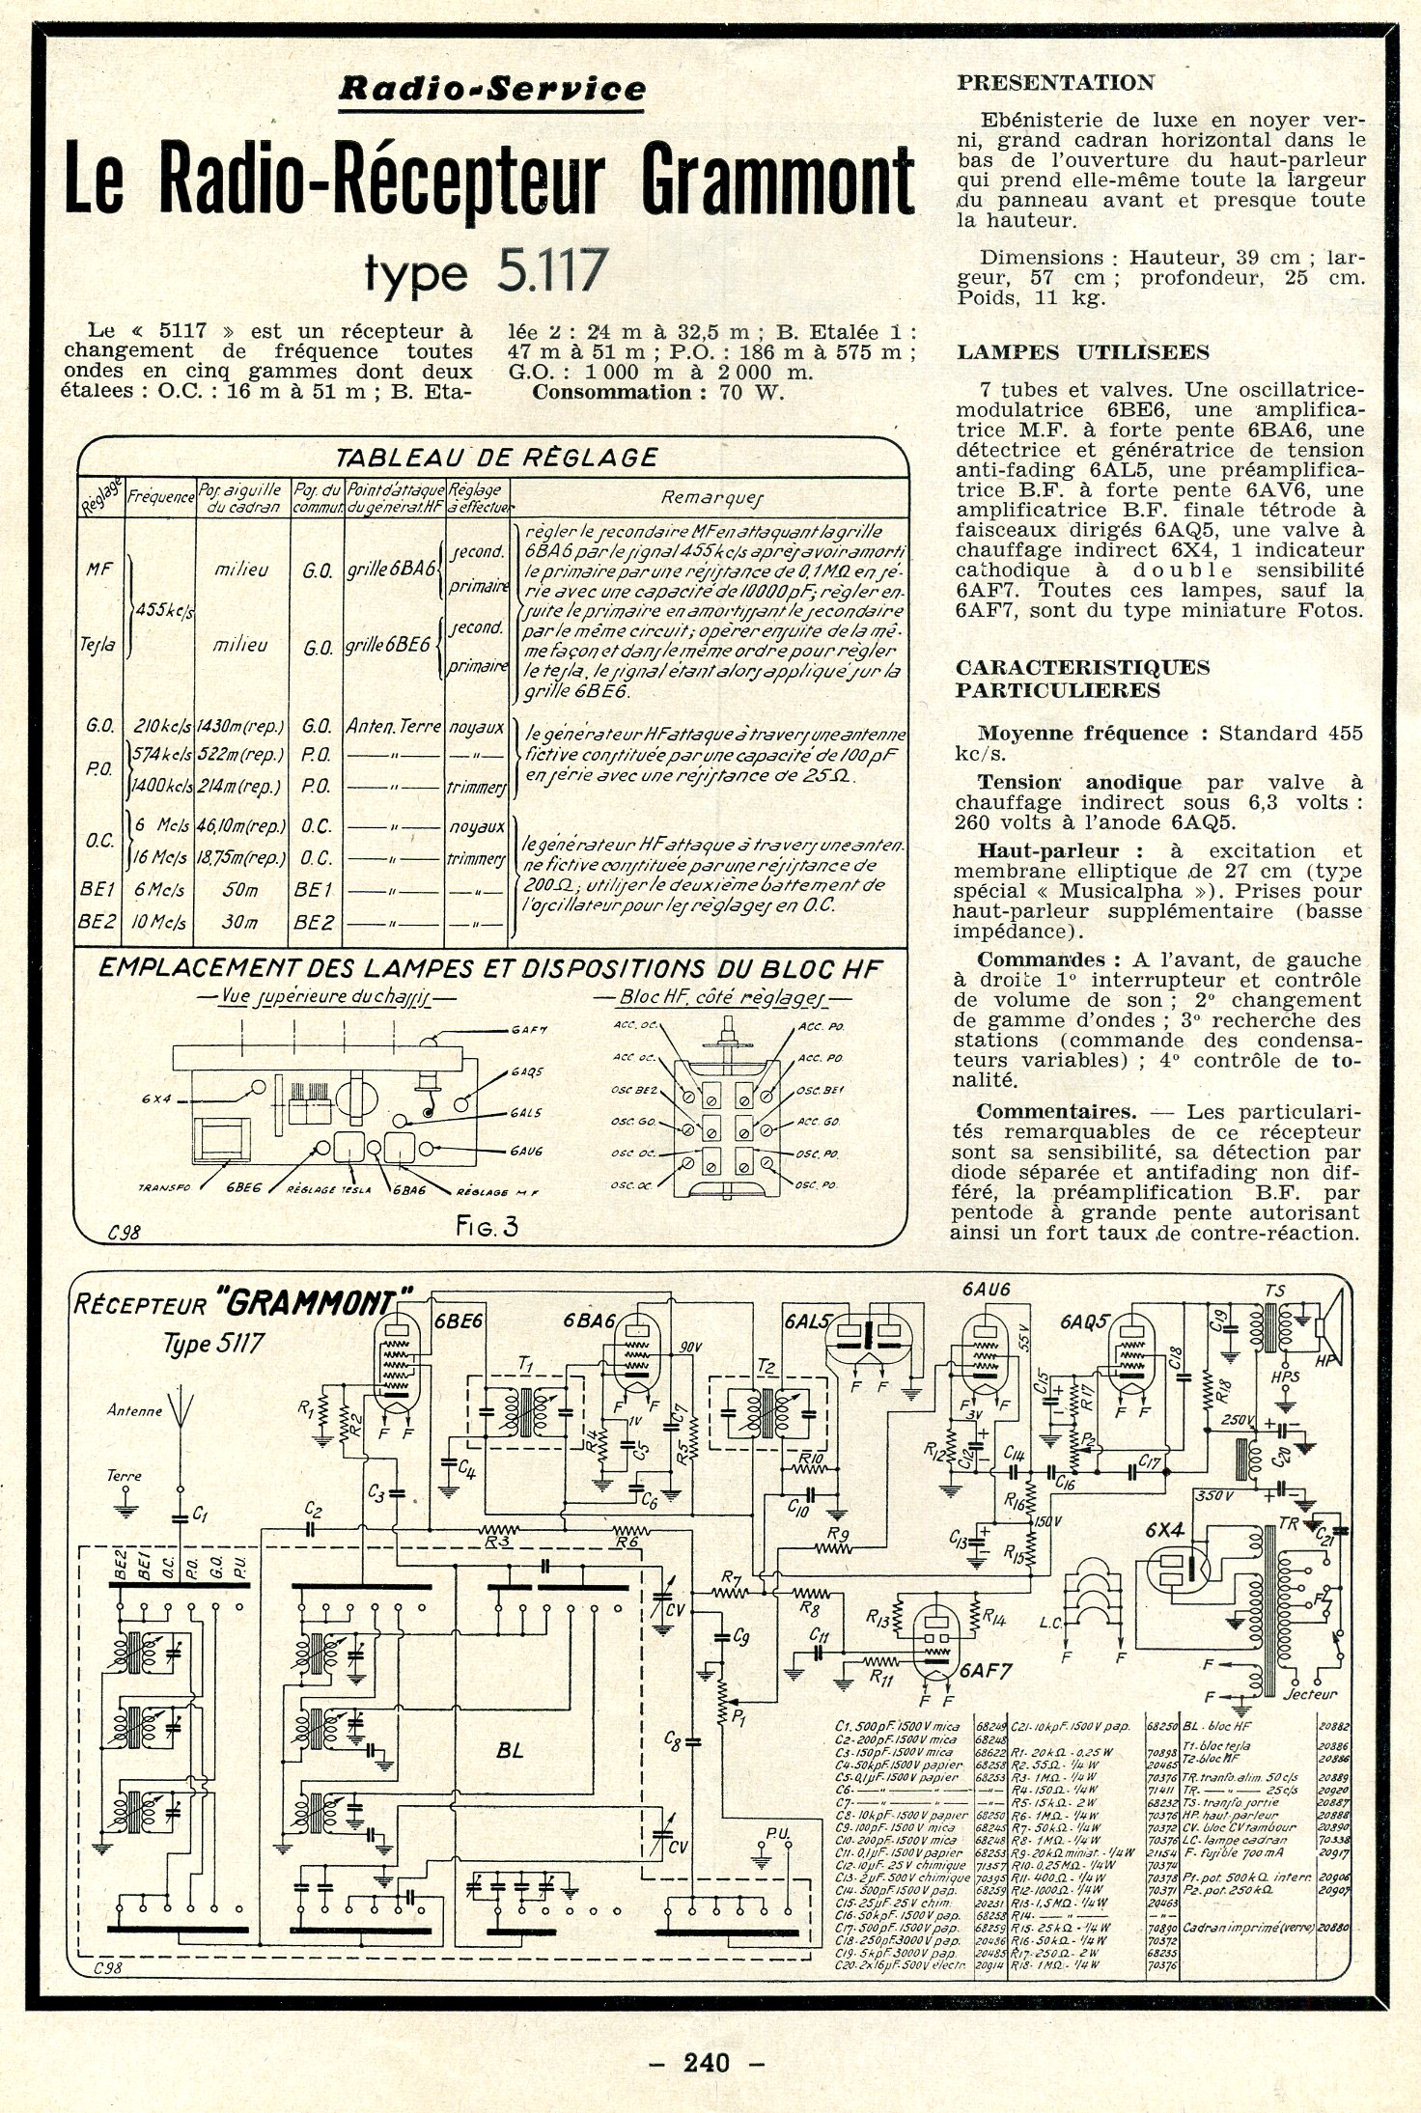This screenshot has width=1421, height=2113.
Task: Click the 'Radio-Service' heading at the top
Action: (x=491, y=90)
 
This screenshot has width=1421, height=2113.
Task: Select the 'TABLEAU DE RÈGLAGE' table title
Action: (x=495, y=458)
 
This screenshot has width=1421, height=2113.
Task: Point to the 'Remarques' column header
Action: (x=711, y=498)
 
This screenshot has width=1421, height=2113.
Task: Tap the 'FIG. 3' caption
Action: (x=488, y=1227)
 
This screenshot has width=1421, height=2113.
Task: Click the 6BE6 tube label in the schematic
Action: (x=459, y=1321)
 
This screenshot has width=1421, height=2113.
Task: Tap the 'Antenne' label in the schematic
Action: (x=134, y=1410)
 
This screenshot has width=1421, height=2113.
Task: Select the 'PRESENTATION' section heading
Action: (x=1055, y=83)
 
